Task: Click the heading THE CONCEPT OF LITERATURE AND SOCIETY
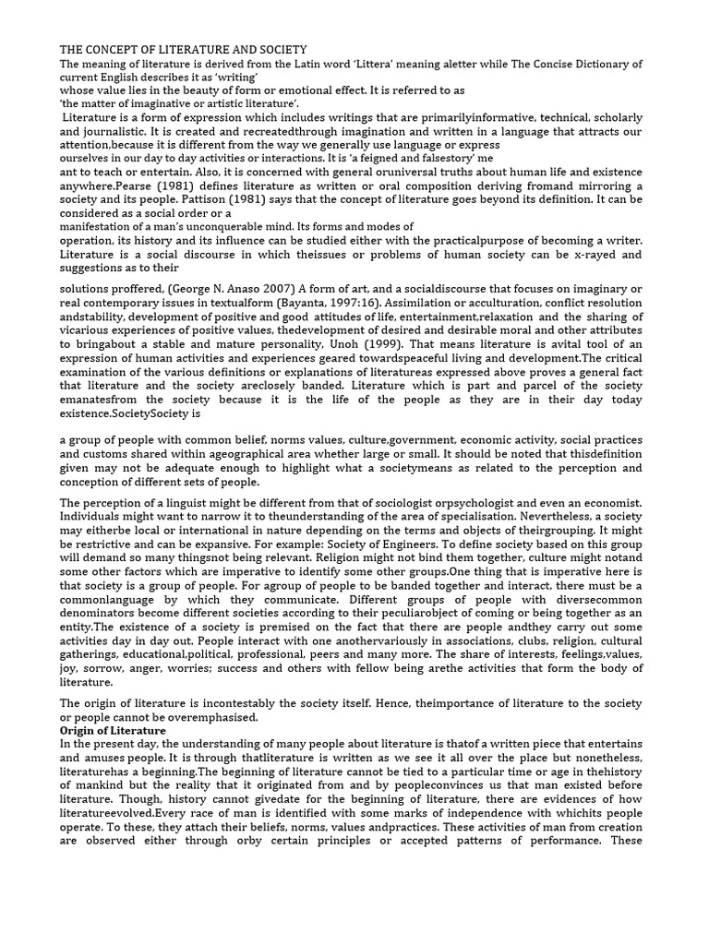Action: (184, 49)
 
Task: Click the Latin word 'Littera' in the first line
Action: (398, 64)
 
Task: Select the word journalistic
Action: (106, 132)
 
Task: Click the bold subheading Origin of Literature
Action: (114, 730)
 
